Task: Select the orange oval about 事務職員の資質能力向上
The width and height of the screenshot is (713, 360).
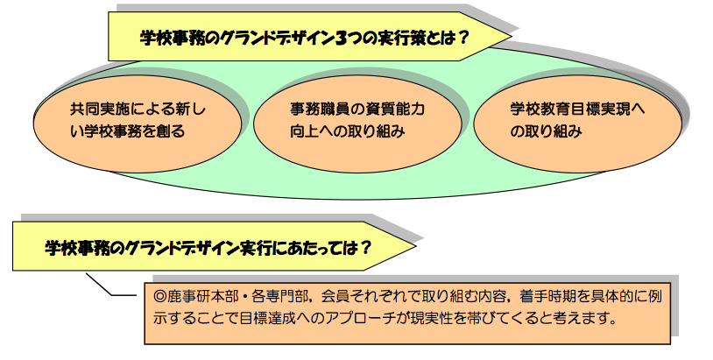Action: tap(357, 124)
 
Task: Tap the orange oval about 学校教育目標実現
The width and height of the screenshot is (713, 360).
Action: tap(577, 124)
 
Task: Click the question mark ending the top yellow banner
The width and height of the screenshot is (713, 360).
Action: tap(462, 38)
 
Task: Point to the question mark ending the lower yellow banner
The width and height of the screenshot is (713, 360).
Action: tap(365, 248)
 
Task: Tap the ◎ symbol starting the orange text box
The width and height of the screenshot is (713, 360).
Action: tap(160, 296)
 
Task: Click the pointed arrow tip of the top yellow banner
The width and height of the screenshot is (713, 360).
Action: tap(512, 36)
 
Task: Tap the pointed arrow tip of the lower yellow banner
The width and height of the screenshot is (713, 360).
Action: tap(415, 246)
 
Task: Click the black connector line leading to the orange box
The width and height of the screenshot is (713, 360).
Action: tap(111, 286)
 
